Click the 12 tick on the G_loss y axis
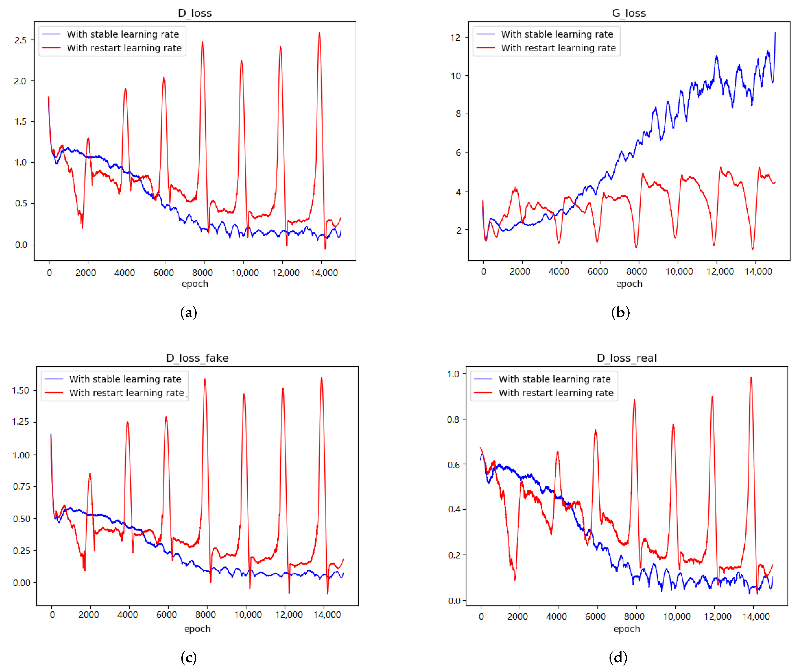coord(455,38)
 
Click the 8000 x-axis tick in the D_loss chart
coord(202,273)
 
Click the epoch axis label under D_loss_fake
coord(197,628)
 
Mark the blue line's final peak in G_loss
coord(775,33)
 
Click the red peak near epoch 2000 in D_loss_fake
coord(90,474)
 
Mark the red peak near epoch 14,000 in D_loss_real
coord(751,378)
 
